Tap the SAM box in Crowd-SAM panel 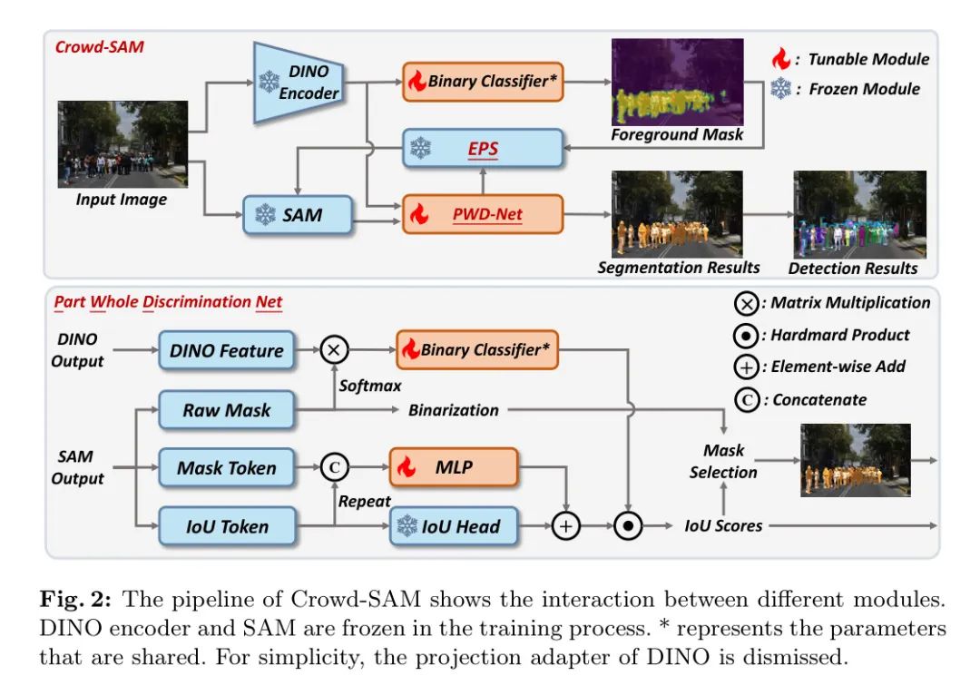click(x=295, y=216)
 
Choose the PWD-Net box click(x=482, y=216)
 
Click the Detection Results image click(x=859, y=214)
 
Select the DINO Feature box click(x=227, y=350)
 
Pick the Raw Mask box click(x=227, y=409)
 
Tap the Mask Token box click(x=227, y=468)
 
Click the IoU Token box click(x=227, y=526)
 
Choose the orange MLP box click(x=453, y=468)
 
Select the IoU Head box click(x=453, y=526)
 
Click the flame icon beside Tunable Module click(x=780, y=60)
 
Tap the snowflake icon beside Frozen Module click(x=780, y=89)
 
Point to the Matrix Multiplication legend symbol click(x=747, y=303)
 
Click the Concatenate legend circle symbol click(x=747, y=400)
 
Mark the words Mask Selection click(x=723, y=461)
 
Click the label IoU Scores click(x=723, y=525)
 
